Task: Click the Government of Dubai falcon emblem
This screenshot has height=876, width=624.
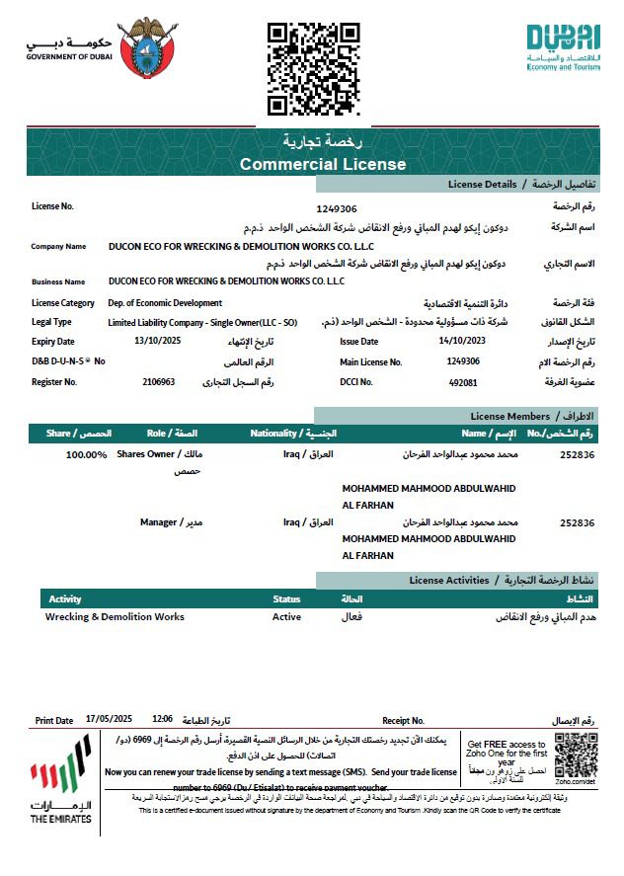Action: coord(148,47)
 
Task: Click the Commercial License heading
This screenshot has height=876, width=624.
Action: coord(322,164)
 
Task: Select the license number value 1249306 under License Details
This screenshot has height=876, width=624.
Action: coord(337,208)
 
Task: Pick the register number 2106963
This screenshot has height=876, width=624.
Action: coord(158,381)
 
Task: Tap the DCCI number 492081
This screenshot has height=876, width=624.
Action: coord(463,382)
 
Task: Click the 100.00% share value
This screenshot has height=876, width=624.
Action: coord(86,454)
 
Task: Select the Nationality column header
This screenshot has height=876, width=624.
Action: coord(292,434)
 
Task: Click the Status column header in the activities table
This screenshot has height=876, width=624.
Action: coord(286,599)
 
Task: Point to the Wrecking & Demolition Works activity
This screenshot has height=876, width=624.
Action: coord(115,617)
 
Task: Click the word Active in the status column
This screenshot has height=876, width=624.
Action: coord(286,617)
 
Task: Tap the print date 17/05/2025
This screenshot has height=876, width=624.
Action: coord(109,720)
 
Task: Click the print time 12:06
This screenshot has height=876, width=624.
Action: coord(163,720)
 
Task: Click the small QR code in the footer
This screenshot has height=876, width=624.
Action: coord(576,757)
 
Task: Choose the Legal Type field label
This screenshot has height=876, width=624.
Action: coord(51,322)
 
